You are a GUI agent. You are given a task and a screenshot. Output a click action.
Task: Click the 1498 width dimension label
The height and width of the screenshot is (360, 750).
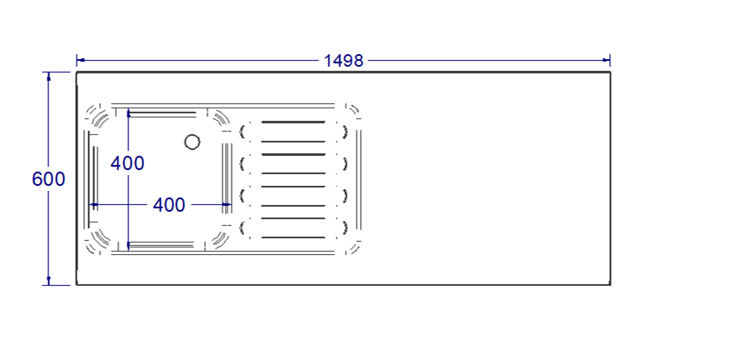click(343, 60)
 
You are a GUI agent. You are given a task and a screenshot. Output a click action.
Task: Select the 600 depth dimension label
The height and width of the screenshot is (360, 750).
click(48, 179)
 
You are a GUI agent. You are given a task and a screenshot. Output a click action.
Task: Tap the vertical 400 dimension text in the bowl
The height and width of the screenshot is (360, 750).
click(127, 163)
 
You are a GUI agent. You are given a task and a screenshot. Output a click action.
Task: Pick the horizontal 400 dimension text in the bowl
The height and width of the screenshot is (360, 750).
click(169, 205)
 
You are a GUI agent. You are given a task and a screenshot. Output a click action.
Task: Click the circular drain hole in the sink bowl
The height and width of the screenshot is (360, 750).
click(192, 142)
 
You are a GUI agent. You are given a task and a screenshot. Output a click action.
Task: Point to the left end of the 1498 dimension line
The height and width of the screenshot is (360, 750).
click(77, 60)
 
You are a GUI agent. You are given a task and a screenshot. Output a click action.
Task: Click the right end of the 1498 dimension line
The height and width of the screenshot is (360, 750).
click(610, 60)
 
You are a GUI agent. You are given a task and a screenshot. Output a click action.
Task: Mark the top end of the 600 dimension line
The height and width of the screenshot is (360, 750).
click(48, 73)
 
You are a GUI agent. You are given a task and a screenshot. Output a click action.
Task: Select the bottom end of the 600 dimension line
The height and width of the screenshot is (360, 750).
click(48, 284)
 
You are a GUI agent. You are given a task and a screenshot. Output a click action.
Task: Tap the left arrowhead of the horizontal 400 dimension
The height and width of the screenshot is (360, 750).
click(92, 204)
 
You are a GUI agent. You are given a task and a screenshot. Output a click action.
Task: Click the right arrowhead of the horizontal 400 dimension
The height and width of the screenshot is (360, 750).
click(229, 204)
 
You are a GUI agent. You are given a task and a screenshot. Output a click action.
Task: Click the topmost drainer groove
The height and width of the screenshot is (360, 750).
click(293, 122)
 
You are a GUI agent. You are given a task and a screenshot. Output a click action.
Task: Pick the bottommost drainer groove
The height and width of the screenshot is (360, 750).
click(293, 237)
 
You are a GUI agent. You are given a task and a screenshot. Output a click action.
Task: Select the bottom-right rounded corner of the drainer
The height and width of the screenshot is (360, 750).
click(353, 247)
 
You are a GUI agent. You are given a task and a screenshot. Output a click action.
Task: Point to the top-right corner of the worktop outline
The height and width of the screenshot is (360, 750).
click(610, 72)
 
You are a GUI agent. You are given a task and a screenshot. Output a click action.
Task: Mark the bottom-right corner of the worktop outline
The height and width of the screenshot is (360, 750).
click(610, 284)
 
